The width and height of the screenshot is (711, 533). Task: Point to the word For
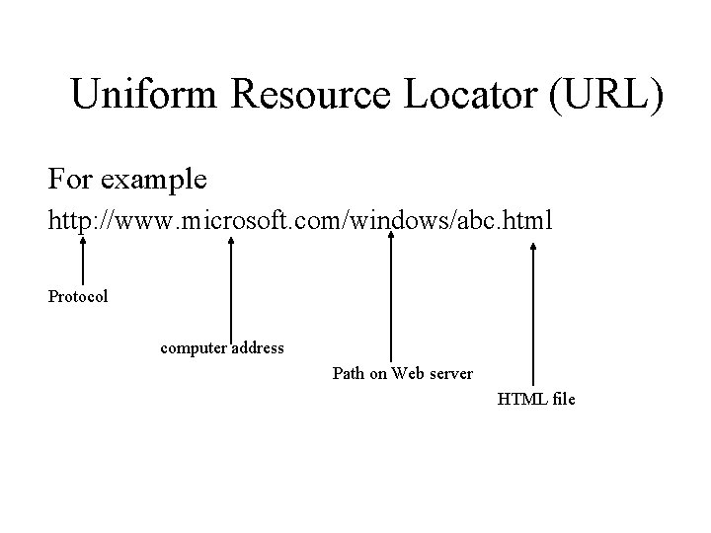(x=70, y=180)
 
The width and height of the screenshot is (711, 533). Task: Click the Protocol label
(x=78, y=296)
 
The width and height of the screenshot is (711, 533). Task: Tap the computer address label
(x=222, y=347)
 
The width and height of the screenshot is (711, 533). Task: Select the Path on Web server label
(x=402, y=373)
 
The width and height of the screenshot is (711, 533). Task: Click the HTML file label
(x=536, y=399)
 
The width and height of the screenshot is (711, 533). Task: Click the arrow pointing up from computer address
(x=230, y=291)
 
